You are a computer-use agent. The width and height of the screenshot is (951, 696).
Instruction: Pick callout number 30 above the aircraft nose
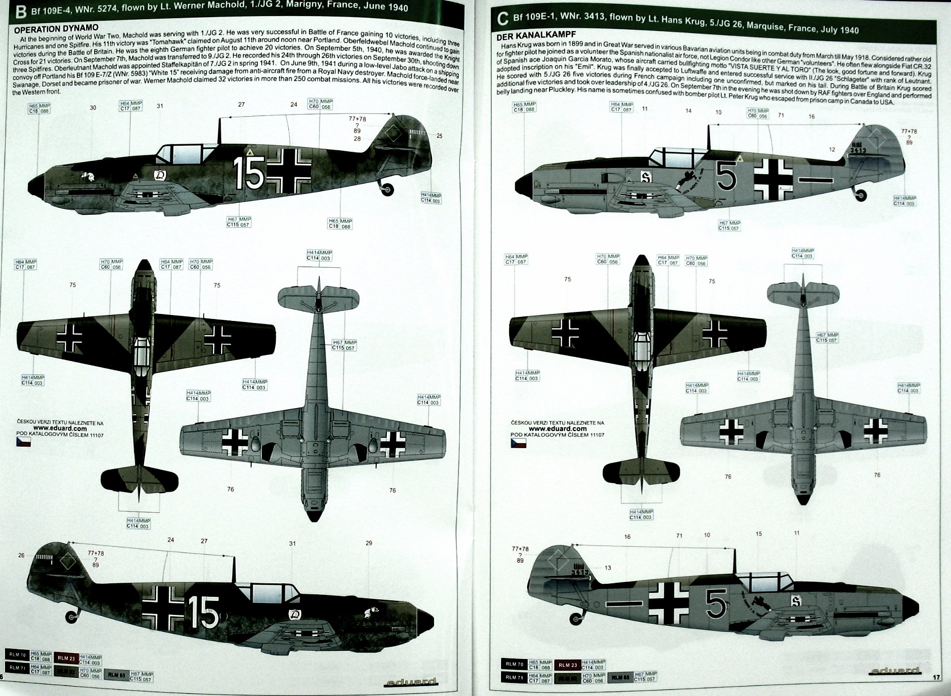coord(93,108)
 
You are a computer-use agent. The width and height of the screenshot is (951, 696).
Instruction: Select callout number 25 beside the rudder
coord(439,136)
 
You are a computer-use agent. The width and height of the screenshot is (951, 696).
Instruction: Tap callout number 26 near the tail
coord(21,555)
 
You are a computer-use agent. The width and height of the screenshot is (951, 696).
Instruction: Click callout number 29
coord(369,543)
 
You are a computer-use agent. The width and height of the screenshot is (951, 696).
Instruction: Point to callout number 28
coord(357,139)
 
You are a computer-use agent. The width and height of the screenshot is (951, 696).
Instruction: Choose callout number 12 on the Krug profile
coord(832,149)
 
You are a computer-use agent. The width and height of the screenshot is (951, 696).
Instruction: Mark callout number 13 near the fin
coord(608,568)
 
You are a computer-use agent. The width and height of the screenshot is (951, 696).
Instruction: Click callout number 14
coord(689,111)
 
